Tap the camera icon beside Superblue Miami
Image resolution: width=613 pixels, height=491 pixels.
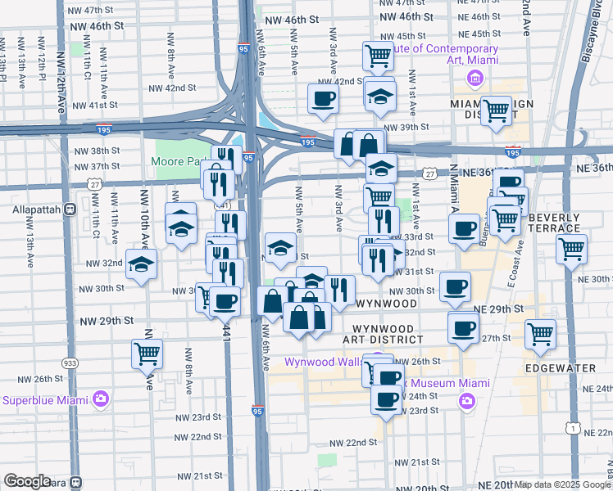point(101,400)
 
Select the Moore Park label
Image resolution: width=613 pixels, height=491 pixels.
point(179,161)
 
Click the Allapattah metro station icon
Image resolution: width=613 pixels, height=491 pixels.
point(71,209)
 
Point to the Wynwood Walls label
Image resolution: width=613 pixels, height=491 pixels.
point(323,362)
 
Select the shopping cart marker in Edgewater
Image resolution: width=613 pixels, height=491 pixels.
point(540,332)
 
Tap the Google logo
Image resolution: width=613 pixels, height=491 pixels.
point(28,480)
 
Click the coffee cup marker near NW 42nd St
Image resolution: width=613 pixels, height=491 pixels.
point(323,100)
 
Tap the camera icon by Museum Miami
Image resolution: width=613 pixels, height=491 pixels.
point(466,400)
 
